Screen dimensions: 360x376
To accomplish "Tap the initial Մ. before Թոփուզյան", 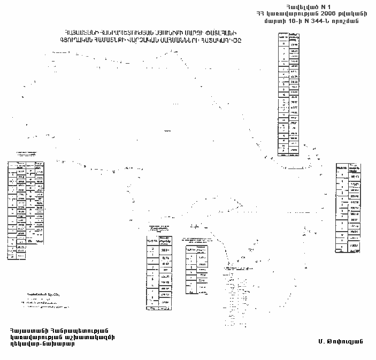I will click(x=320, y=340).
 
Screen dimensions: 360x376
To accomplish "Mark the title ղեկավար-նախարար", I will click(x=42, y=344).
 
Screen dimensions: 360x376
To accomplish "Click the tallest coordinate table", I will click(x=289, y=94).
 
